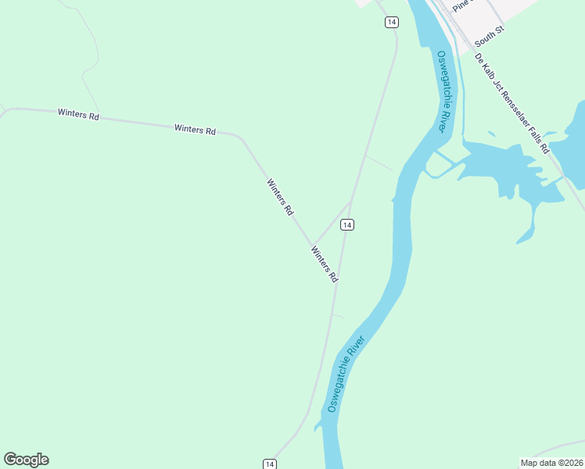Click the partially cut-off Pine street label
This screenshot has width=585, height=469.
459,4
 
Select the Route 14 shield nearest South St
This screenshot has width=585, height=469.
391,22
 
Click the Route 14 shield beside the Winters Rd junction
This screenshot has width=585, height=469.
347,225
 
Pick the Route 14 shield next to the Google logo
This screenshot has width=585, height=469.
269,464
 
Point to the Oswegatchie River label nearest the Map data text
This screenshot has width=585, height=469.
346,375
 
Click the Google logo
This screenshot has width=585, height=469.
26,460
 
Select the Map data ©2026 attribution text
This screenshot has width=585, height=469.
551,463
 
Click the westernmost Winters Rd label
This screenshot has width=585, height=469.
78,114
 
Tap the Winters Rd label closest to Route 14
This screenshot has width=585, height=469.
324,264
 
